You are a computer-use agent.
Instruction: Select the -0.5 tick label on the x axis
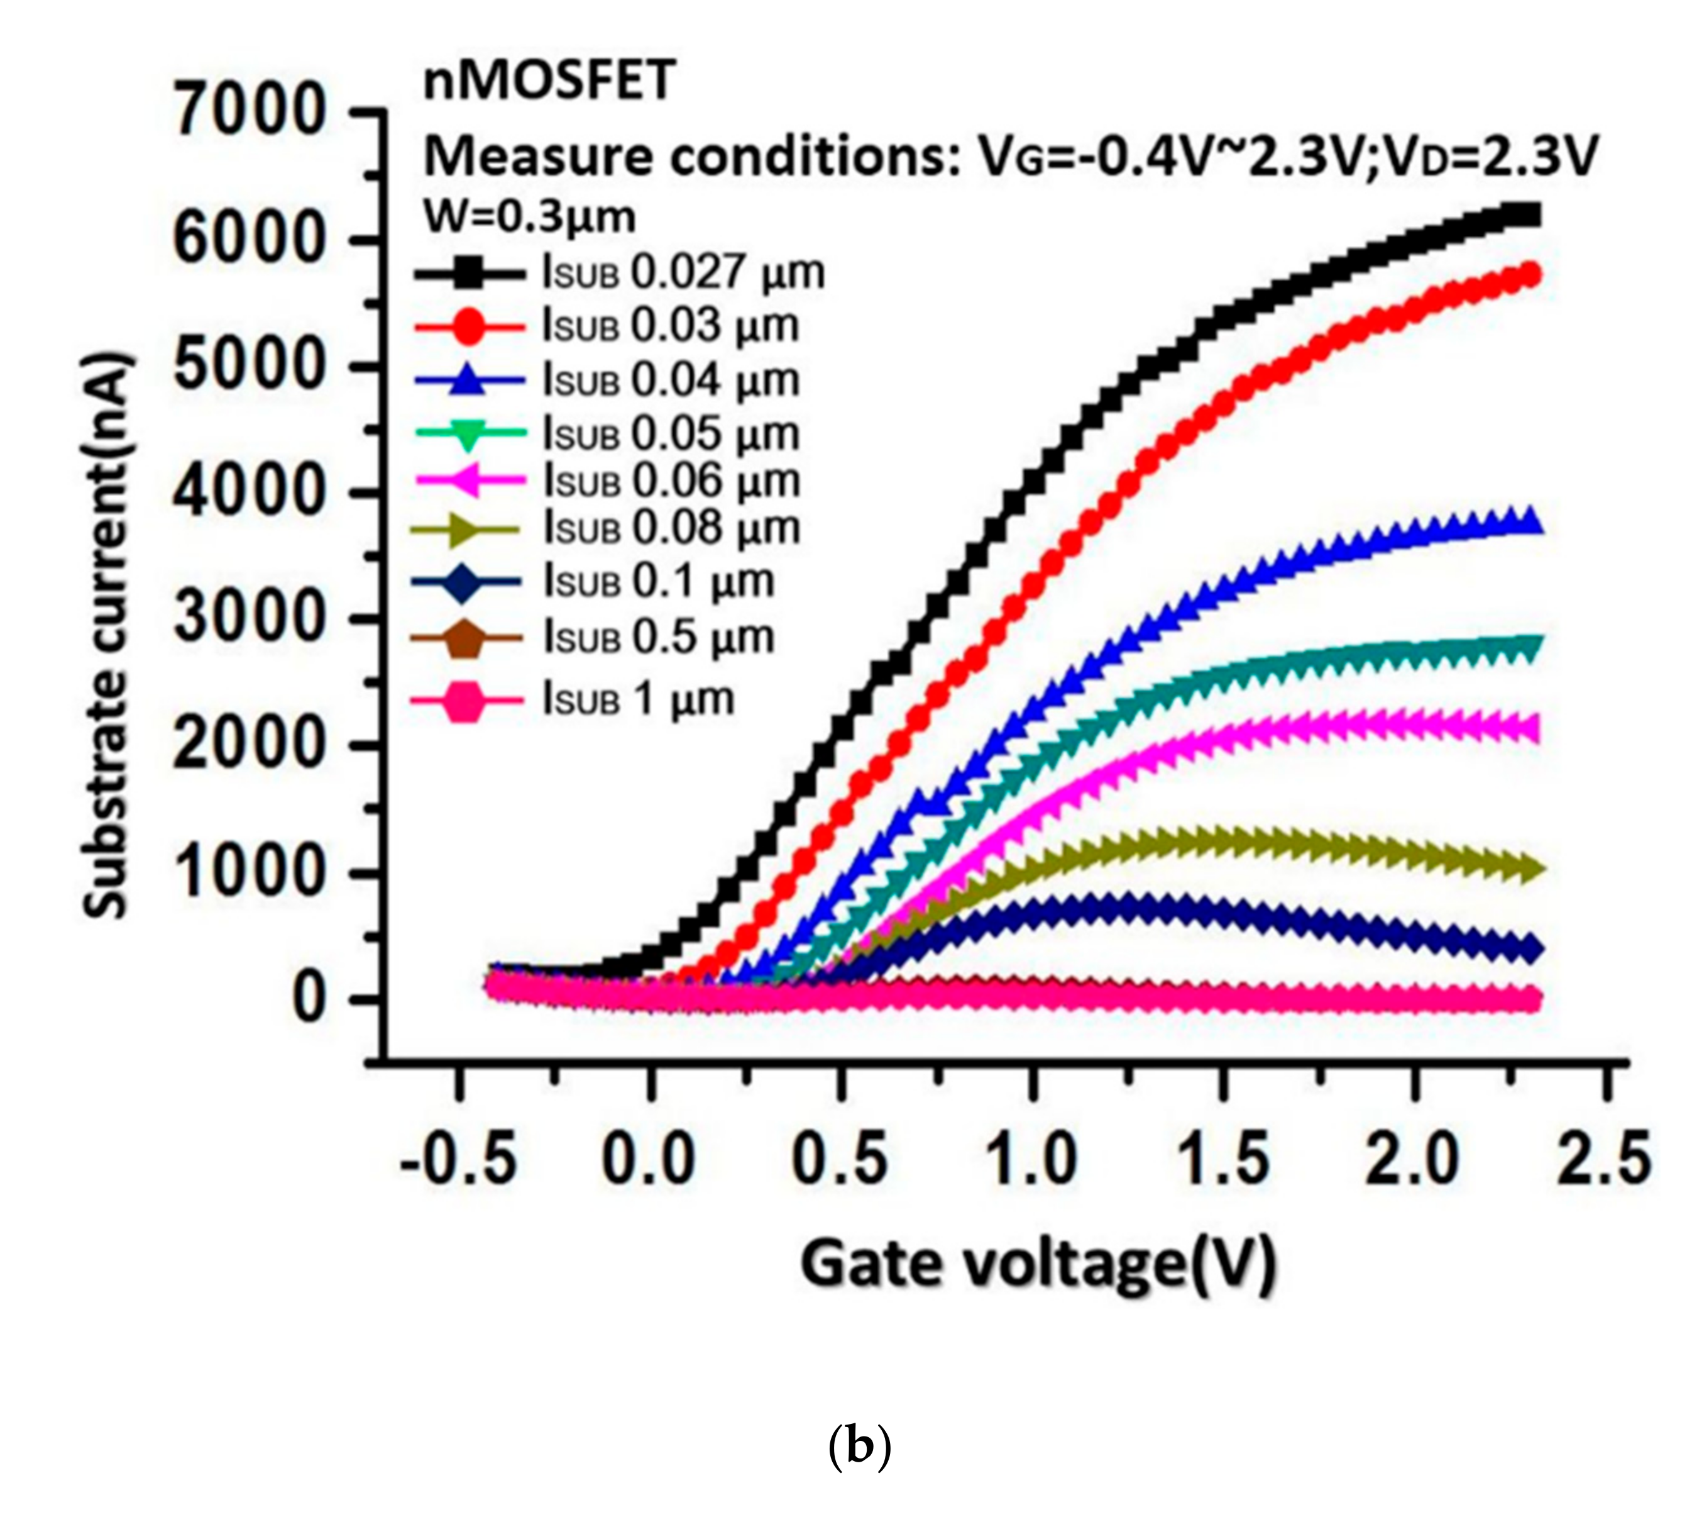458,1159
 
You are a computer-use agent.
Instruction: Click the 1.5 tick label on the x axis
1223,1159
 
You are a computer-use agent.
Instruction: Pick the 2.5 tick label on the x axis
1604,1159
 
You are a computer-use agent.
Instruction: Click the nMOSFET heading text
549,82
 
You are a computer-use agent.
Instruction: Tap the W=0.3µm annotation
530,218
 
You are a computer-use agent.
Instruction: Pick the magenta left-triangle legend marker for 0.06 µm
468,482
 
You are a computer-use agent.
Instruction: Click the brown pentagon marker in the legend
468,639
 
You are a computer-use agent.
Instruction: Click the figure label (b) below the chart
860,1448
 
